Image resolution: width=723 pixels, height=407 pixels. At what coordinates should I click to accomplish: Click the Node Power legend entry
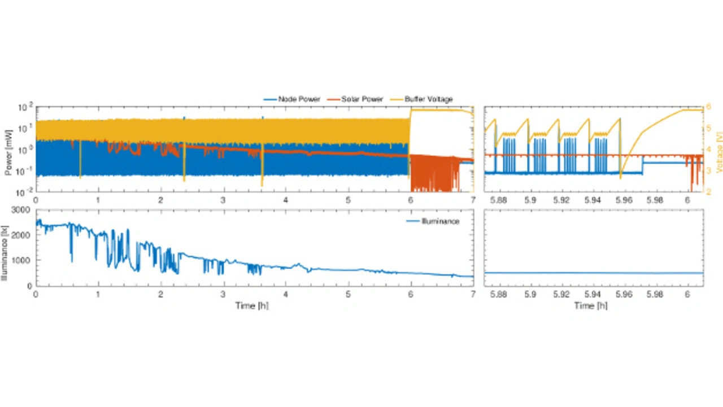[x=299, y=99]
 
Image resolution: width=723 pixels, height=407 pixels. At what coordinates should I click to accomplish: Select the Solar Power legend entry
[x=361, y=99]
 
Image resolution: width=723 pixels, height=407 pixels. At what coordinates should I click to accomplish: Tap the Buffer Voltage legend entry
[x=428, y=99]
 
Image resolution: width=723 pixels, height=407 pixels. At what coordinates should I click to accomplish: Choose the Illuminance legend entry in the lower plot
[x=441, y=221]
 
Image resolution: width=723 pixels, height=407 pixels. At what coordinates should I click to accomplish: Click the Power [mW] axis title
[x=8, y=150]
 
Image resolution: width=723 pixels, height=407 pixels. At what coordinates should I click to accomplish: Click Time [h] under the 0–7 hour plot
[x=253, y=305]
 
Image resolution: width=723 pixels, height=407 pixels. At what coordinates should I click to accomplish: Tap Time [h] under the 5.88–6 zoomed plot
[x=592, y=305]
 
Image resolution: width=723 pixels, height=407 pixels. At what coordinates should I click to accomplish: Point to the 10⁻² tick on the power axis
[x=25, y=192]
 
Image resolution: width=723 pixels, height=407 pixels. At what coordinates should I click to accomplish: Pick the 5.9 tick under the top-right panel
[x=530, y=200]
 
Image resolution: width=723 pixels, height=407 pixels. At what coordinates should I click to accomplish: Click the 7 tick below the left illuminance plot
[x=473, y=294]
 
